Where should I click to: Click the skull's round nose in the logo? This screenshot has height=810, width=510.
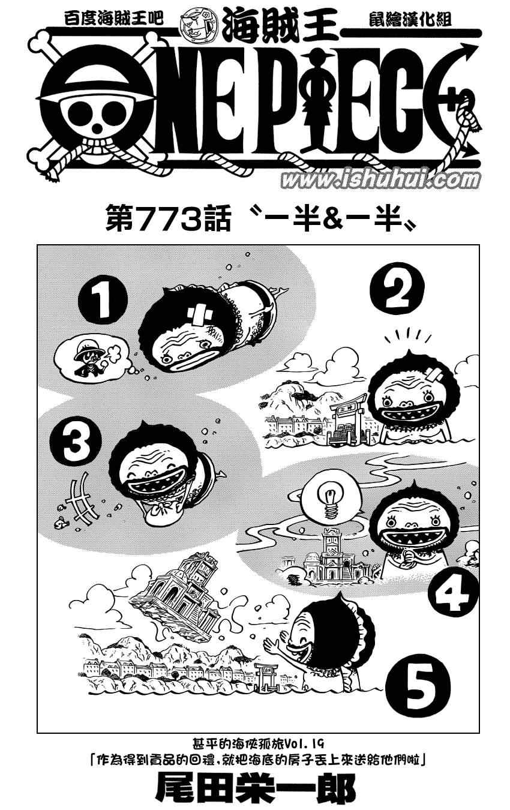(97, 127)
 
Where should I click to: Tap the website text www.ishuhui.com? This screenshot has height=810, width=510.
(380, 180)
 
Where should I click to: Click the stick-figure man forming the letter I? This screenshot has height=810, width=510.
(317, 101)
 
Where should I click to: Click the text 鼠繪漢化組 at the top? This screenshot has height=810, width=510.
(410, 19)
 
